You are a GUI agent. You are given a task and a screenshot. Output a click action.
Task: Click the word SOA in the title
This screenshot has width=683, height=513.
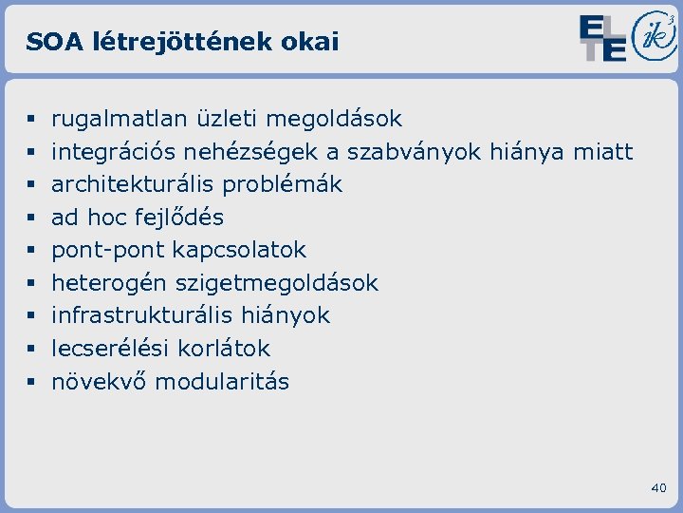tap(48, 42)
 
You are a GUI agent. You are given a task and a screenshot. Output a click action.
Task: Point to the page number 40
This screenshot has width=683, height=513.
tap(659, 487)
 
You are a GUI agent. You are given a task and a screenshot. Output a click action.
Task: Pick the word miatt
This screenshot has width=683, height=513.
tap(602, 152)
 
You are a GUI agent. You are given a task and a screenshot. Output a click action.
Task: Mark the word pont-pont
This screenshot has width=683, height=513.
tap(96, 250)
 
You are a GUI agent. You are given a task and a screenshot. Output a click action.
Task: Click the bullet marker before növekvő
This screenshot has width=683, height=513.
tap(31, 383)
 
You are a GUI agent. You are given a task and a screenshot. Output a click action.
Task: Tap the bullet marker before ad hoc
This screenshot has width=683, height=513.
tap(31, 218)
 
